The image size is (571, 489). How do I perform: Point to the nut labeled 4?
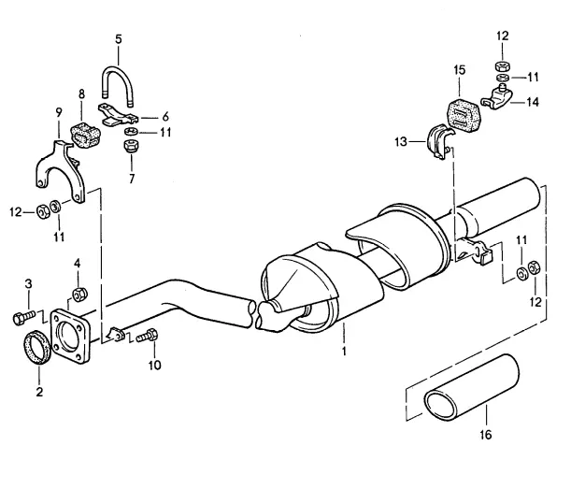coord(79,295)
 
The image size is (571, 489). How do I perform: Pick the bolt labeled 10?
coord(147,336)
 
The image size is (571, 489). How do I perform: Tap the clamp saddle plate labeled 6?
coord(117,114)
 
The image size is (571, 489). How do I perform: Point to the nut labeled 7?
coord(131,146)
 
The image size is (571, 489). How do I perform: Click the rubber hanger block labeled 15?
coord(464,115)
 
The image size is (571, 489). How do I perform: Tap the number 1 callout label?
coord(344,352)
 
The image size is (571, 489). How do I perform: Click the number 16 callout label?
coord(486,435)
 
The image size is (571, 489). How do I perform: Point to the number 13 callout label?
coord(401,141)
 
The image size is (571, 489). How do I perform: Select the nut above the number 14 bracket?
coord(503,66)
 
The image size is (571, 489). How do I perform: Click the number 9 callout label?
coord(59,112)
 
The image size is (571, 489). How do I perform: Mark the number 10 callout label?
coord(154,365)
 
